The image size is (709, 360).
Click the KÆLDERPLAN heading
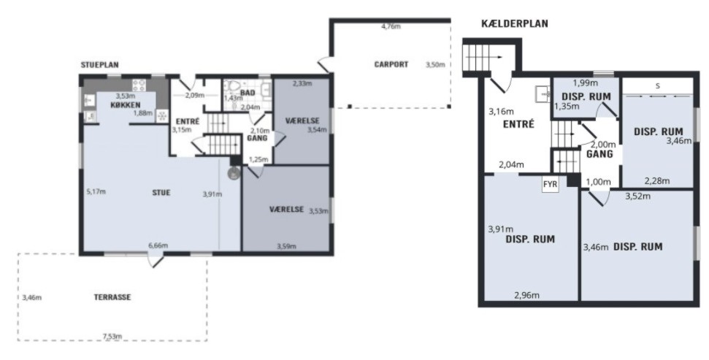[x=515, y=24]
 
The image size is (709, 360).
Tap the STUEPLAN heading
[x=100, y=65]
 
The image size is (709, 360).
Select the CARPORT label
[x=391, y=64]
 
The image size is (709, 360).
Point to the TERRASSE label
[x=112, y=297]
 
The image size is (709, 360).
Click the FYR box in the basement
[x=551, y=185]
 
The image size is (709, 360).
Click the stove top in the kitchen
[x=139, y=85]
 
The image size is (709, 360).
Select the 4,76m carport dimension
[x=391, y=27]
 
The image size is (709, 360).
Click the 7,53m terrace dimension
[x=112, y=336]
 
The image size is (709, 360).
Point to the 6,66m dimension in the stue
[x=158, y=245]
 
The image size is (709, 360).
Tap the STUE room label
[x=161, y=193]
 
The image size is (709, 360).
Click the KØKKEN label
[x=126, y=105]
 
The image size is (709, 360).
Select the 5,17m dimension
[x=96, y=192]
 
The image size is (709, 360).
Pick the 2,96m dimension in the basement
[x=526, y=295]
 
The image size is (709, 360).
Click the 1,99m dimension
[x=585, y=83]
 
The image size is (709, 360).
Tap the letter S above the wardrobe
[x=657, y=85]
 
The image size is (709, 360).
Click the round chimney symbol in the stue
[x=234, y=173]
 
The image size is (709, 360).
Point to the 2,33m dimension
[x=302, y=83]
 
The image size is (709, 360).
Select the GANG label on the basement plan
[x=599, y=154]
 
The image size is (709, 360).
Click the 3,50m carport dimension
[x=435, y=65]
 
